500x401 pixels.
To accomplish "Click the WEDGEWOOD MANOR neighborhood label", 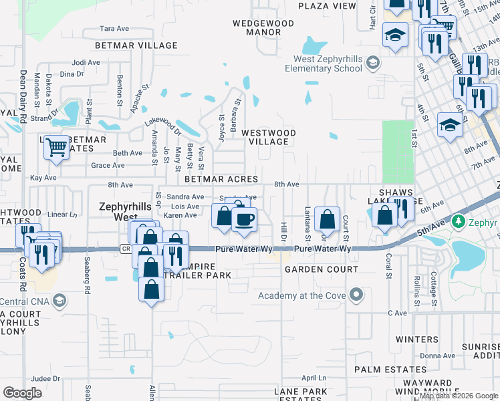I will click(x=263, y=27).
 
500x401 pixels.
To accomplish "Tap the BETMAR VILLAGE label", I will click(x=136, y=45).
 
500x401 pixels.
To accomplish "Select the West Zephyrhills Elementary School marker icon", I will click(x=372, y=63).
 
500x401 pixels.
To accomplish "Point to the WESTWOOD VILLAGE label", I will click(x=268, y=137).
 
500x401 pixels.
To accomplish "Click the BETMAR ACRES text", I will click(x=221, y=179).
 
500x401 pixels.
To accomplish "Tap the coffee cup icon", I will click(x=245, y=219).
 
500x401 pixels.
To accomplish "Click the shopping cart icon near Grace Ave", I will click(x=57, y=146).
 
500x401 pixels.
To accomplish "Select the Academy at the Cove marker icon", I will click(x=356, y=294).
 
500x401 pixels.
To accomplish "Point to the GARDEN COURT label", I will click(x=312, y=269).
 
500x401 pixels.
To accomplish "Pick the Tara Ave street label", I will click(x=114, y=29).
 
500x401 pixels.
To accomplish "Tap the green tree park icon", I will click(x=458, y=221).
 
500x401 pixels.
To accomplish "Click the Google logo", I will click(x=22, y=393).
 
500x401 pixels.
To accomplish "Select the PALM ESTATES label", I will click(x=380, y=370).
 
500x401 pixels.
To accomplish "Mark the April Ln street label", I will click(x=313, y=378).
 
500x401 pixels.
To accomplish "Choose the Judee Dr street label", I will click(x=45, y=378).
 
